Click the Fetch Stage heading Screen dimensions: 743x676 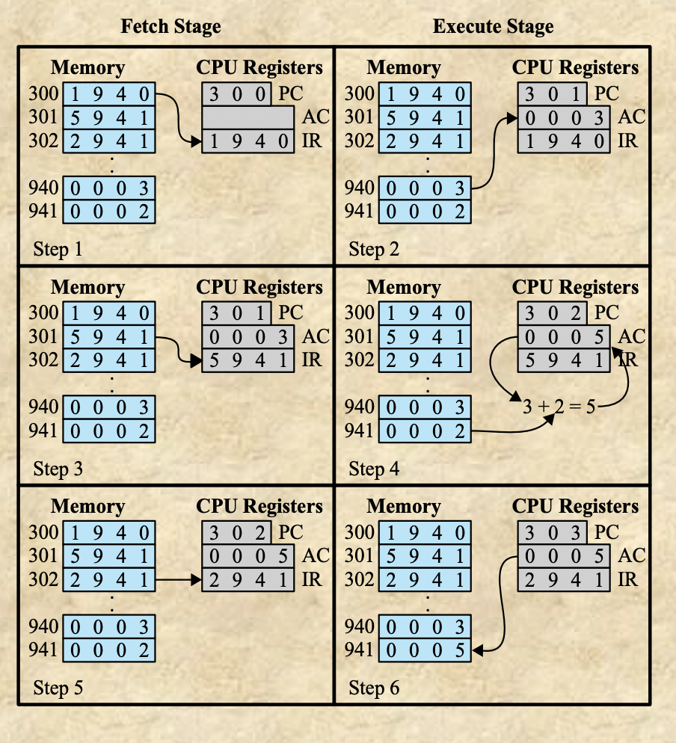click(x=170, y=28)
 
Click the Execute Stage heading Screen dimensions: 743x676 click(x=493, y=28)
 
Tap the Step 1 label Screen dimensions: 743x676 click(x=58, y=249)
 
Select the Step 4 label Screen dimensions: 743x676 click(x=374, y=469)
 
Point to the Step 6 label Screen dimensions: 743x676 click(x=374, y=688)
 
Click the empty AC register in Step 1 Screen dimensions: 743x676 click(x=248, y=117)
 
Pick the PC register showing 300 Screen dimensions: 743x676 click(x=236, y=94)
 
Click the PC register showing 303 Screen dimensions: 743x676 click(x=553, y=533)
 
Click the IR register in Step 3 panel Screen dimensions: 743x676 click(x=248, y=360)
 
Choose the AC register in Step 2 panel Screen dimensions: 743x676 click(x=564, y=117)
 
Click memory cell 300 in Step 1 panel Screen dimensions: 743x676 click(x=109, y=94)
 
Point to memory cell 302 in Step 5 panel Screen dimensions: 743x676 click(x=109, y=579)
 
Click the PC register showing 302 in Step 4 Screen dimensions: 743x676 click(x=553, y=313)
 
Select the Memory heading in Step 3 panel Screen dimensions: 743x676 click(x=87, y=287)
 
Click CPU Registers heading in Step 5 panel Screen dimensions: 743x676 click(x=259, y=506)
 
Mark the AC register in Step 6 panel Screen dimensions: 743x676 click(x=564, y=556)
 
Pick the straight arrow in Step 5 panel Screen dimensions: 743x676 click(x=178, y=579)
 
